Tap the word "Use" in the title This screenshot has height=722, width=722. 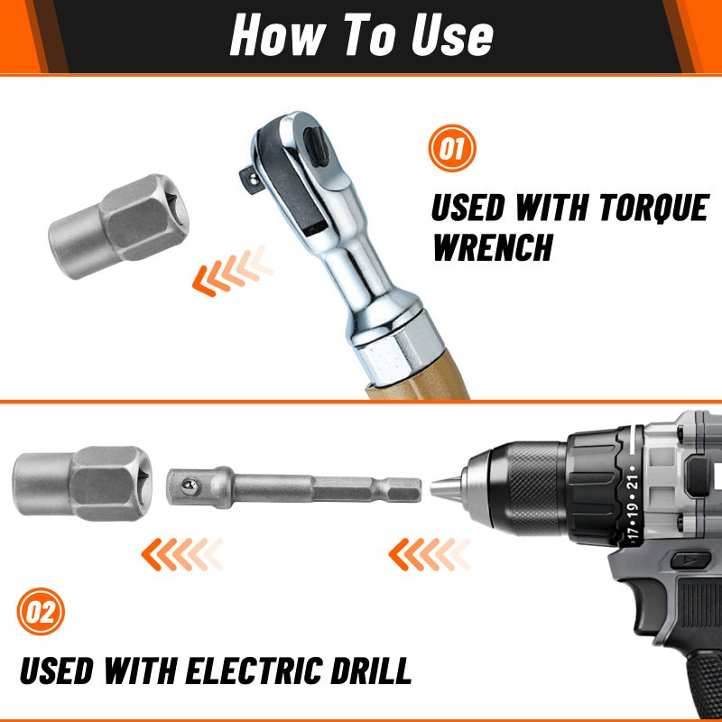tap(452, 35)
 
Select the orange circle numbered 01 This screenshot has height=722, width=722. tap(452, 148)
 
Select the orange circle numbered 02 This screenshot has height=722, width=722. tap(41, 612)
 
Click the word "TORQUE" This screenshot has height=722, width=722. tap(653, 208)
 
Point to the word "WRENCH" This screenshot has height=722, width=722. tap(493, 247)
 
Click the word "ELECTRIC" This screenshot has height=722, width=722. tap(254, 670)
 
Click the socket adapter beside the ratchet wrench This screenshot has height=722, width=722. tap(119, 227)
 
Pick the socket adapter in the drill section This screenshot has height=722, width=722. tap(82, 484)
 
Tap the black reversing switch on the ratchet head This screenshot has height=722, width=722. tap(317, 145)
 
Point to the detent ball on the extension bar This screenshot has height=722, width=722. tap(190, 486)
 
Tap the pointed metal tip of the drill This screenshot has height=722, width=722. tap(446, 488)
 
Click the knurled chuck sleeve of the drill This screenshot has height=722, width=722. tap(535, 489)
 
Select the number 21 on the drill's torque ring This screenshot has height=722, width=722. tap(634, 482)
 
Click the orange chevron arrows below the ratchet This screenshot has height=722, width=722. tap(233, 271)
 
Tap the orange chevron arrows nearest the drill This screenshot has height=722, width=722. tap(430, 554)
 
